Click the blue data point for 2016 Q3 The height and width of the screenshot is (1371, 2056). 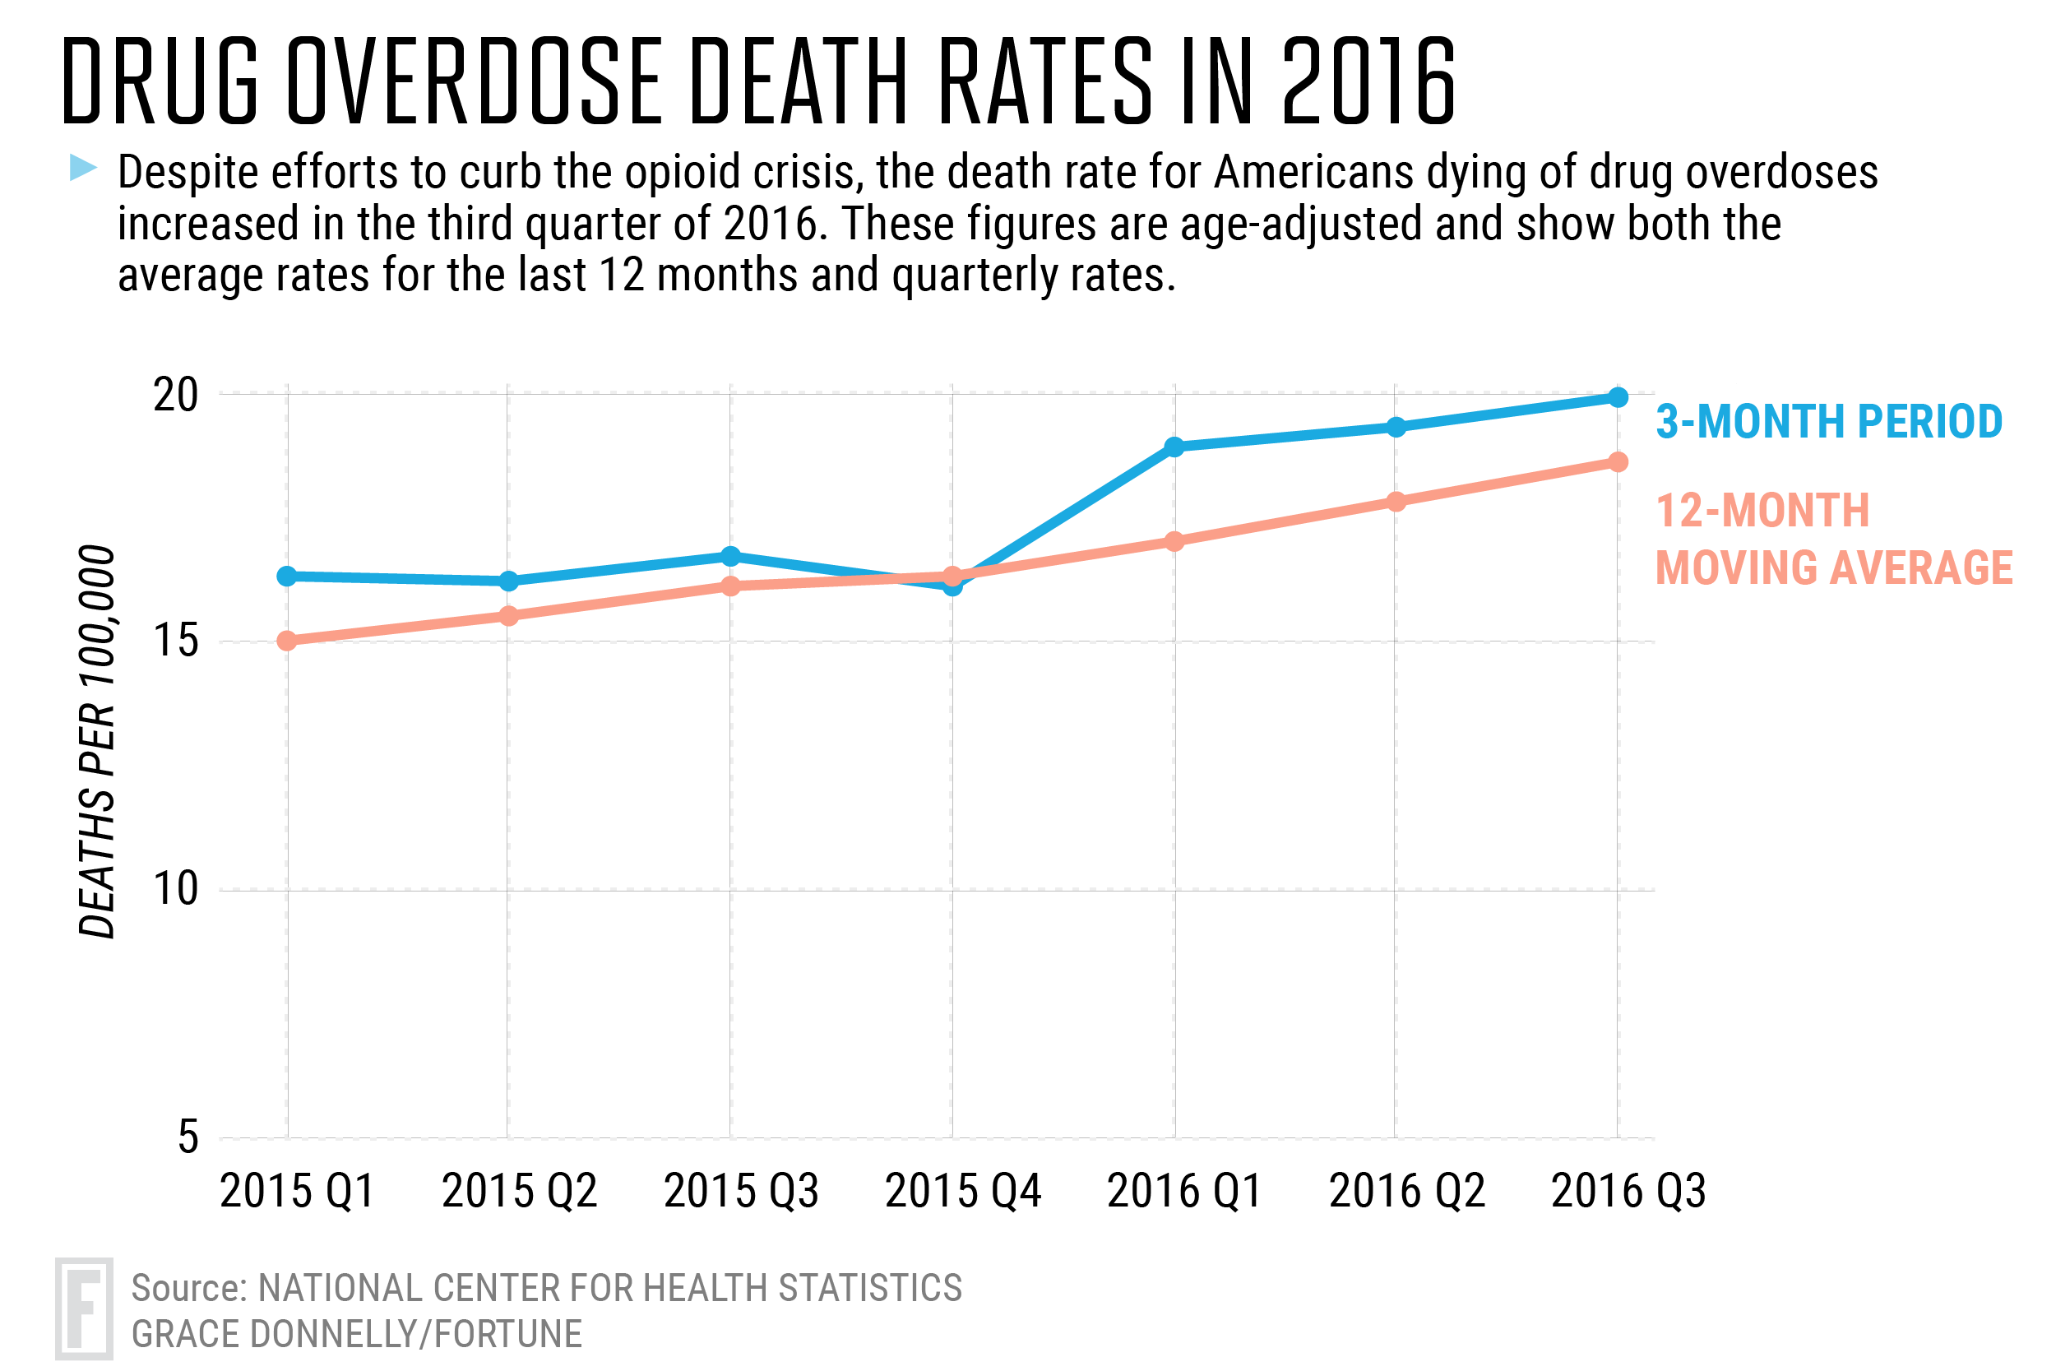(1618, 398)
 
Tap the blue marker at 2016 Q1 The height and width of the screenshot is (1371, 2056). (1175, 447)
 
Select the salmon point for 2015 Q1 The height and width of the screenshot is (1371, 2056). (287, 641)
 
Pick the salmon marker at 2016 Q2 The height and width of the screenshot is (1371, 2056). (1396, 502)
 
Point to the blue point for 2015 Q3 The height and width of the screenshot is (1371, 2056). (731, 556)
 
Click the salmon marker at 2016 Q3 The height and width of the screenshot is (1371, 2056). (1618, 461)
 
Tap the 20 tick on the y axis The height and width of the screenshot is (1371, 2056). (176, 396)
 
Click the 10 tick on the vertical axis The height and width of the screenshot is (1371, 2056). (176, 889)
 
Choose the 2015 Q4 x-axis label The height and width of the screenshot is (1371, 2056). (962, 1191)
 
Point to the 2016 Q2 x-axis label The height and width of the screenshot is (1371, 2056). (1406, 1191)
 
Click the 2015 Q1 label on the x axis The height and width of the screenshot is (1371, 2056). (297, 1191)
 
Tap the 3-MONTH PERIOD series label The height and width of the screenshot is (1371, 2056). (1829, 421)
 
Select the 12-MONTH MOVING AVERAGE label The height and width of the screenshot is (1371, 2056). (1833, 539)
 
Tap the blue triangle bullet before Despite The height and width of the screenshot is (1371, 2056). (83, 167)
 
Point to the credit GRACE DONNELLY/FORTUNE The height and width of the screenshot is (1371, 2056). (357, 1334)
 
